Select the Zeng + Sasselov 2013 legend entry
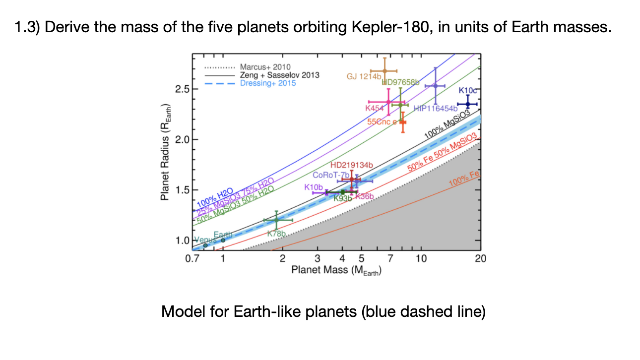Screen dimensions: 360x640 279,75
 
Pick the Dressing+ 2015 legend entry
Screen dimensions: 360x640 267,83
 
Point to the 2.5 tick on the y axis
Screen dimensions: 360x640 182,89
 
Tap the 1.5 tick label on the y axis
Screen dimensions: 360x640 182,190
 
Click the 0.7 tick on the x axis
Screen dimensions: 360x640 192,258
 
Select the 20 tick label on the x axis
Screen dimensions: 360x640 480,258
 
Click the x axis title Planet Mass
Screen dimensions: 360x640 335,270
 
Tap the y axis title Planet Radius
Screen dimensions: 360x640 165,153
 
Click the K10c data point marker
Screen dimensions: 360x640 467,104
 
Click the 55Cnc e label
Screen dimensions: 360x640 382,121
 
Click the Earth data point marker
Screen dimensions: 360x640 223,240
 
